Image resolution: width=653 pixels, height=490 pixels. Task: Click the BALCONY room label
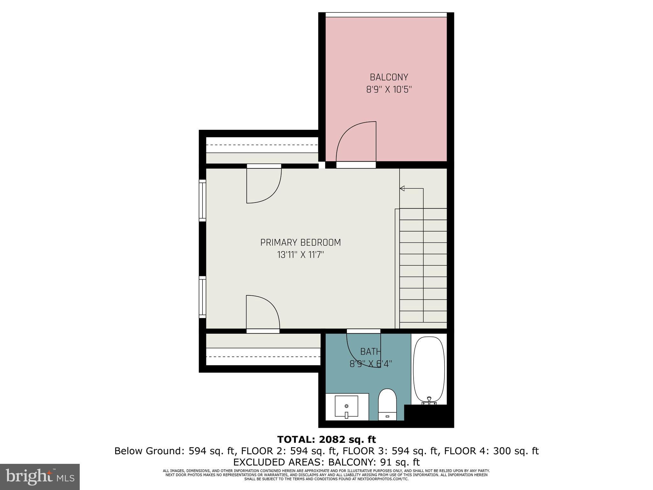tap(389, 77)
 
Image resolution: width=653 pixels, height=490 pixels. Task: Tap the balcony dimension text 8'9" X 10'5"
tap(389, 90)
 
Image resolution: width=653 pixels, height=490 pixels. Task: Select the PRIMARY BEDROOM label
tap(300, 242)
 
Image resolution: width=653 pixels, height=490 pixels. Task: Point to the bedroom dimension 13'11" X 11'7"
tap(300, 255)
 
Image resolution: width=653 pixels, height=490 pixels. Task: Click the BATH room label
tap(371, 352)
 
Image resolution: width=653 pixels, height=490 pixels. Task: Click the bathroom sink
tap(347, 406)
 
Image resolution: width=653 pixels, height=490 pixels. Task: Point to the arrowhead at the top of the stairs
tap(402, 189)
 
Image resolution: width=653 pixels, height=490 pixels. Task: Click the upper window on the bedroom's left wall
tap(202, 200)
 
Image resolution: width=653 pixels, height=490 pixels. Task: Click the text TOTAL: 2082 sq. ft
tap(326, 440)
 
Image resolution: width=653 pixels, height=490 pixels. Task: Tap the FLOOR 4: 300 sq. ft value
tap(491, 451)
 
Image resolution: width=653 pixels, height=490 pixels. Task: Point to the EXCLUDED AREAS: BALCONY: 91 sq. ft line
tap(326, 462)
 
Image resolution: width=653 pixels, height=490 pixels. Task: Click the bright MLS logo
tap(40, 477)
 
